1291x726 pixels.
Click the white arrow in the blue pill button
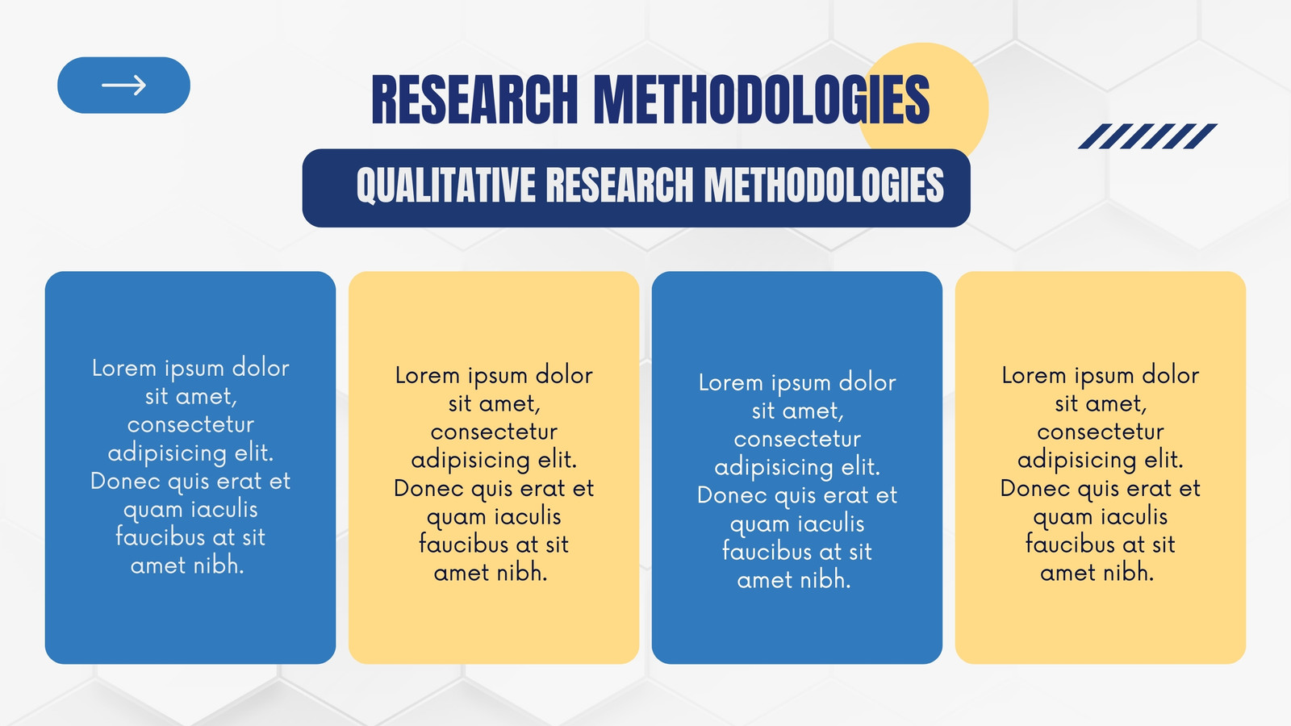(124, 86)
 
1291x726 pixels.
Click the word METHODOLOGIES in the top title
(762, 99)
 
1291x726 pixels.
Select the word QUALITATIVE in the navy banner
(446, 186)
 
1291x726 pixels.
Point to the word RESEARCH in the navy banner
(620, 185)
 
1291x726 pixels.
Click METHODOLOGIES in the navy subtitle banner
(824, 185)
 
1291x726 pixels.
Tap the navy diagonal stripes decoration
(1147, 136)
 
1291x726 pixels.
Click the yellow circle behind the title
(923, 104)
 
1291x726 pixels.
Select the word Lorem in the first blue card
(124, 368)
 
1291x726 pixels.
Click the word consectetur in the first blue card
(190, 425)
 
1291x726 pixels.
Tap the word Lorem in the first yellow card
(428, 376)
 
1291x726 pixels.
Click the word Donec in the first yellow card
(428, 489)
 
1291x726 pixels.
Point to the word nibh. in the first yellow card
(521, 573)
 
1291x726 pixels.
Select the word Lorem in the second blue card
(731, 382)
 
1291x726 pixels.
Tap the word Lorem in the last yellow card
(1034, 376)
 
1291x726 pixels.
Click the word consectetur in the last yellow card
(1101, 432)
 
